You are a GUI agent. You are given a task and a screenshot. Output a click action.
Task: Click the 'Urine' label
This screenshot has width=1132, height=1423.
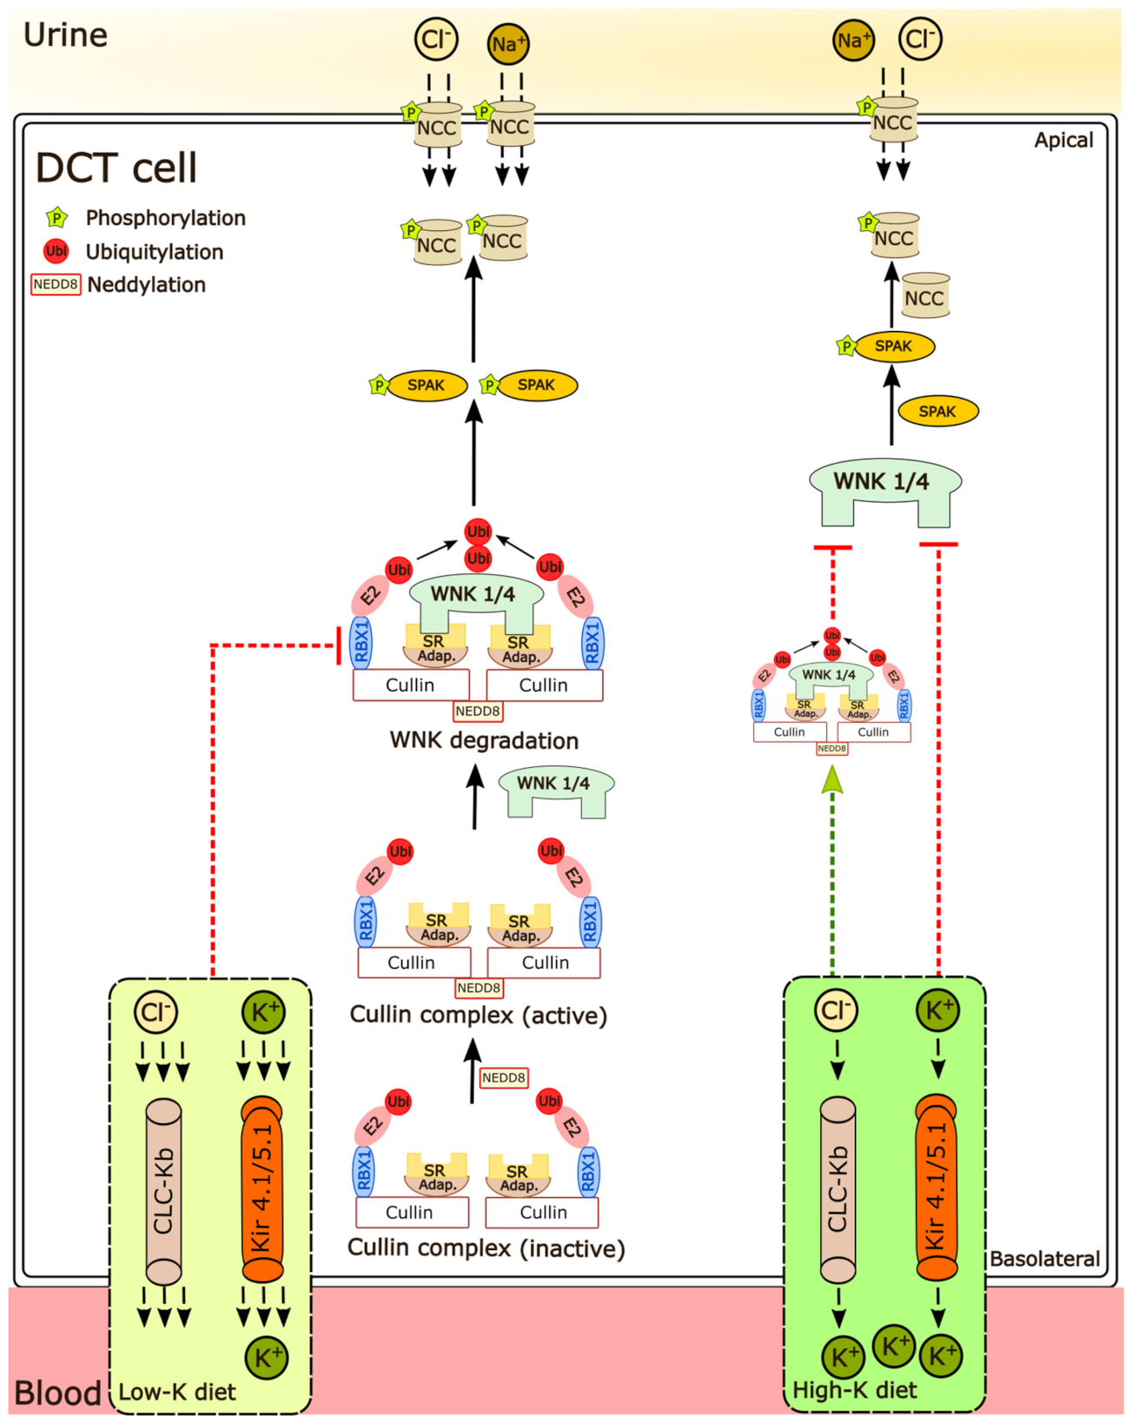click(65, 35)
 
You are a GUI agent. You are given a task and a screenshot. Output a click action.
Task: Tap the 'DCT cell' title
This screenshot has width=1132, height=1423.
click(116, 168)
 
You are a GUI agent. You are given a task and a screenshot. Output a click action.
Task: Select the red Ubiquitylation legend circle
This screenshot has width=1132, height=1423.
click(56, 251)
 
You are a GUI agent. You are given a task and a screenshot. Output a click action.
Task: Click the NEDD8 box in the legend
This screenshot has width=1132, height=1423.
click(56, 284)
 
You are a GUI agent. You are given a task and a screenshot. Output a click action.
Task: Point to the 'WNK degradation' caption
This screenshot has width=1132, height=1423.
click(484, 740)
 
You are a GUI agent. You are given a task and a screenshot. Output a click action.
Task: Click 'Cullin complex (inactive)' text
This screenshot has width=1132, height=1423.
click(486, 1248)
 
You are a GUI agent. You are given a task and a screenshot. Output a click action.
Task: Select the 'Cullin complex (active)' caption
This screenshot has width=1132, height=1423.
click(478, 1015)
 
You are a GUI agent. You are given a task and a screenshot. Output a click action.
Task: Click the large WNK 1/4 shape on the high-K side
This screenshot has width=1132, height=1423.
click(884, 488)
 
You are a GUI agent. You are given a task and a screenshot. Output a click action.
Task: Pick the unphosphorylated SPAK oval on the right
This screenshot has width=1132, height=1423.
click(937, 411)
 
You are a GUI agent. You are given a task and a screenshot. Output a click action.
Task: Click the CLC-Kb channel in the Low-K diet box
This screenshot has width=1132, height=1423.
click(163, 1191)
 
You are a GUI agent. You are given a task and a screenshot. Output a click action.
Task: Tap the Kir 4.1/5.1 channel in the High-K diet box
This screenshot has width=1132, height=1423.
click(937, 1186)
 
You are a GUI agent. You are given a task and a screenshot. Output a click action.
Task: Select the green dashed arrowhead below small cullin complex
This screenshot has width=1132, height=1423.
click(832, 779)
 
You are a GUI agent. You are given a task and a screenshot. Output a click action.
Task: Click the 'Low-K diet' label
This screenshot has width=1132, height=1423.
click(176, 1392)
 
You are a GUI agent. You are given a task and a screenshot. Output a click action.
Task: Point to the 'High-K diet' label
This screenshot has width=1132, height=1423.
click(854, 1390)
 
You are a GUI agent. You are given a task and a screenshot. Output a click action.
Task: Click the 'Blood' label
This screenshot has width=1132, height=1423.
click(57, 1393)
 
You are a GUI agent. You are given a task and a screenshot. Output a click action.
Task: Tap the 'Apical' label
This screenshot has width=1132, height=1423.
click(1062, 140)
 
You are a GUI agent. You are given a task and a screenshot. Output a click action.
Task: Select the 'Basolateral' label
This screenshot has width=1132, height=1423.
click(1044, 1259)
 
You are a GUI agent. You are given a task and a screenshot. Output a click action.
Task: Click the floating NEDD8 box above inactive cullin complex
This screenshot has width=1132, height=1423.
click(503, 1077)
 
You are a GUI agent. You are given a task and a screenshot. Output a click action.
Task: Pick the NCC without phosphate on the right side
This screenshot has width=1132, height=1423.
click(924, 295)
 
